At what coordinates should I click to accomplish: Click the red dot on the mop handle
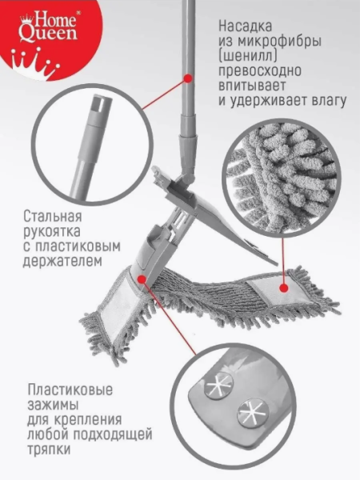click(x=189, y=78)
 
